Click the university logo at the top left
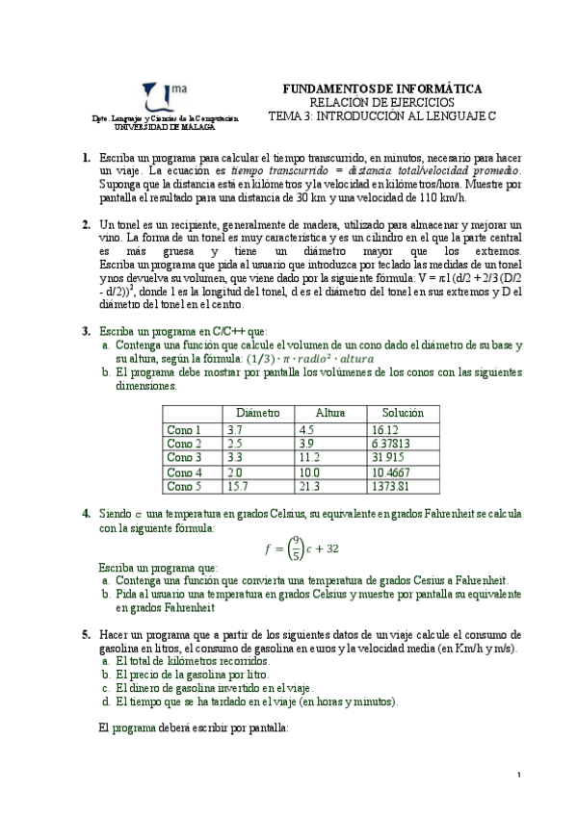pos(159,97)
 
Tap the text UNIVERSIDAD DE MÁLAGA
pos(165,126)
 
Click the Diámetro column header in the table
pos(257,412)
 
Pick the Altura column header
pos(330,412)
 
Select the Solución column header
pos(403,412)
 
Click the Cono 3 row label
pos(184,458)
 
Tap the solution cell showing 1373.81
pos(389,487)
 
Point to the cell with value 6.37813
pos(392,444)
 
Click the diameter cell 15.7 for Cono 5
pos(237,487)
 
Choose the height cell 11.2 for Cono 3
pos(310,458)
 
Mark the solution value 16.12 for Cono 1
pos(383,429)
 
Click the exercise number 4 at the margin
pos(87,514)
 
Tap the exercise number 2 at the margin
pos(87,224)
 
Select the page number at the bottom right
pos(519,774)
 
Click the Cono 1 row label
pos(184,429)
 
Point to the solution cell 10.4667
pos(390,472)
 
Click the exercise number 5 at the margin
pos(87,634)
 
